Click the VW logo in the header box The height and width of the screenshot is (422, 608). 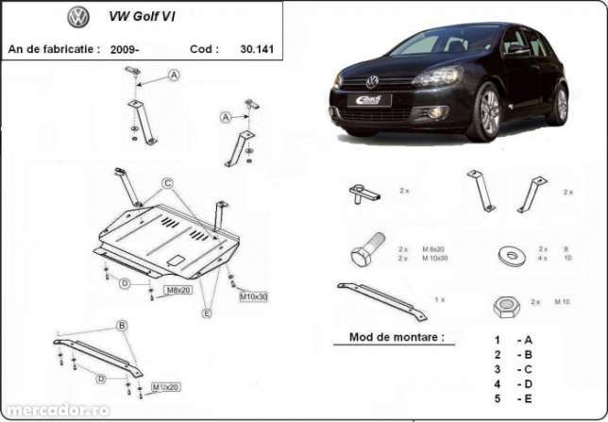(x=79, y=18)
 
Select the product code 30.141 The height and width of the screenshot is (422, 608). (x=257, y=47)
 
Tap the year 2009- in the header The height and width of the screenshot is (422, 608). (x=124, y=47)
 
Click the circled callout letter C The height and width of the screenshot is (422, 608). (x=166, y=182)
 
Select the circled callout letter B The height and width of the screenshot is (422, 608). (x=121, y=326)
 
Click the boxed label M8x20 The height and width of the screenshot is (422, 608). (x=179, y=290)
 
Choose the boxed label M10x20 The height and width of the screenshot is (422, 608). (x=166, y=387)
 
